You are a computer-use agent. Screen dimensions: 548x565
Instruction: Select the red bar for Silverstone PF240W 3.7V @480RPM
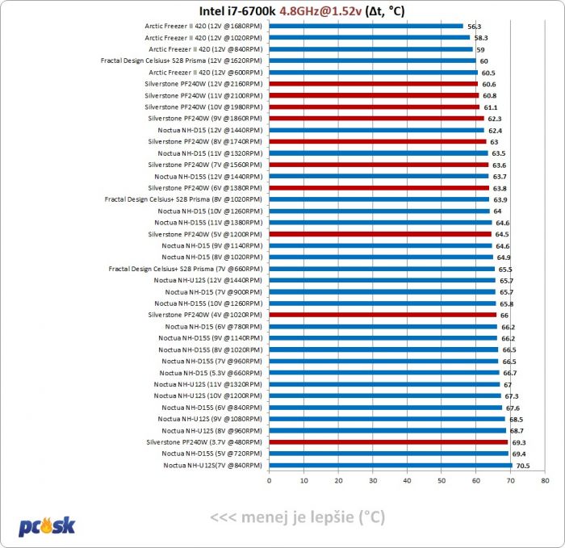(x=388, y=442)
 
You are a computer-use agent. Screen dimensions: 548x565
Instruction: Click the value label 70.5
(x=524, y=466)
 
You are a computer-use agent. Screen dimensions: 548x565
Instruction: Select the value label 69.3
(x=520, y=443)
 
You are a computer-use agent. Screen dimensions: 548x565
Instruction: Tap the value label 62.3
(x=496, y=119)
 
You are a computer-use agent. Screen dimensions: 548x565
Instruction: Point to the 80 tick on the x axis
(x=546, y=481)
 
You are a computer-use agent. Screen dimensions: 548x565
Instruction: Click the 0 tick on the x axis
(x=269, y=481)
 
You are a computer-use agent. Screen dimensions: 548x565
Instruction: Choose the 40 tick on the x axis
(x=407, y=481)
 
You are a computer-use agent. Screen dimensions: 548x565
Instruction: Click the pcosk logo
(x=47, y=525)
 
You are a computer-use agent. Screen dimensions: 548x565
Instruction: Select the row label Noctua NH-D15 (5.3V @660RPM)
(x=211, y=373)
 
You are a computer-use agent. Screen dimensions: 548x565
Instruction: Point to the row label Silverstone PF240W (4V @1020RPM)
(x=205, y=315)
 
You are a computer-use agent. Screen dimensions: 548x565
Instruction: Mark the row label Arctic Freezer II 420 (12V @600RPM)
(x=205, y=72)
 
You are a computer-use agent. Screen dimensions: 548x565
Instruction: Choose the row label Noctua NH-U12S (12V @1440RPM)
(x=208, y=280)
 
